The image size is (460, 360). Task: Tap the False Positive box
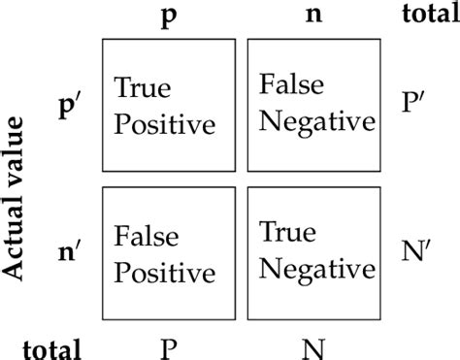[168, 250]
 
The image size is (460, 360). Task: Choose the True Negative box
[313, 250]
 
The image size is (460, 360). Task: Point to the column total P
[168, 345]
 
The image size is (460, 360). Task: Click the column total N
[313, 345]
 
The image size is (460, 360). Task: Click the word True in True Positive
[143, 89]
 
